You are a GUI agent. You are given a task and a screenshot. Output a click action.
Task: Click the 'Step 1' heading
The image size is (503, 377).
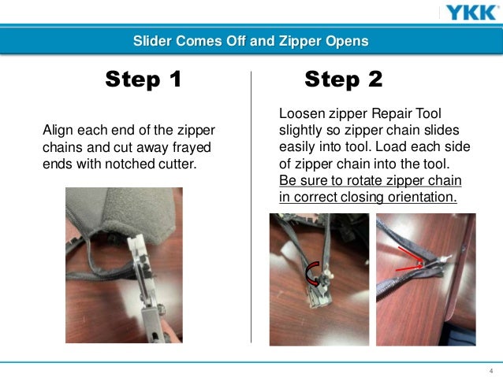tap(143, 79)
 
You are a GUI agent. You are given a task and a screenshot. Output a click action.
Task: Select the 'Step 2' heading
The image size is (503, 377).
tap(343, 79)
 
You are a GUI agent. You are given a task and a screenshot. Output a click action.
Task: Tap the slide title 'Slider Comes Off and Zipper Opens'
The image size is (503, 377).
tap(251, 41)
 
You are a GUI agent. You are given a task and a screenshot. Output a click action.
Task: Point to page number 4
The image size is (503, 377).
tap(491, 371)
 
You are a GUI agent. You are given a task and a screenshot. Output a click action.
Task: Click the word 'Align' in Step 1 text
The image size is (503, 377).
tap(57, 129)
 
